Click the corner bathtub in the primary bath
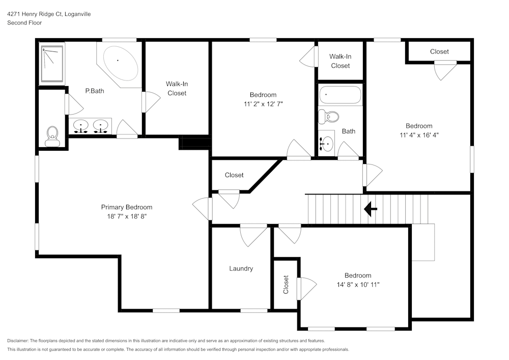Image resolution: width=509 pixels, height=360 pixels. click(x=120, y=64)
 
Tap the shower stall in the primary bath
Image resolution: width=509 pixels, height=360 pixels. click(x=52, y=64)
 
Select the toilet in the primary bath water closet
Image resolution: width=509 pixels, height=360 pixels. click(x=52, y=135)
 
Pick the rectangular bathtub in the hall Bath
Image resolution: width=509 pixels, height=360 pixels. click(x=340, y=95)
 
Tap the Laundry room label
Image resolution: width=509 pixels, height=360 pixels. click(x=241, y=268)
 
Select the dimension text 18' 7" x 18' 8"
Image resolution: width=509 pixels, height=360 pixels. click(x=126, y=216)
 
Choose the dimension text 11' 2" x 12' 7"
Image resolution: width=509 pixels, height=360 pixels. click(x=263, y=103)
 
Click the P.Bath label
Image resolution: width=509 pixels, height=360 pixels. click(x=94, y=91)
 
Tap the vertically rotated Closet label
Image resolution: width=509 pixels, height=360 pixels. click(x=286, y=285)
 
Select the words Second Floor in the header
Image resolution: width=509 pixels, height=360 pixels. click(x=24, y=23)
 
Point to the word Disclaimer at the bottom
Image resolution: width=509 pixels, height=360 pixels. click(x=18, y=341)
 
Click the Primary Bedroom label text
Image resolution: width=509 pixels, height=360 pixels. click(x=126, y=207)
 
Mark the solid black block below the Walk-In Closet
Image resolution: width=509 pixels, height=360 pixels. click(x=194, y=144)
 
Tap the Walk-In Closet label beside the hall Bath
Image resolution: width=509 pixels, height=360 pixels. click(x=340, y=61)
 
